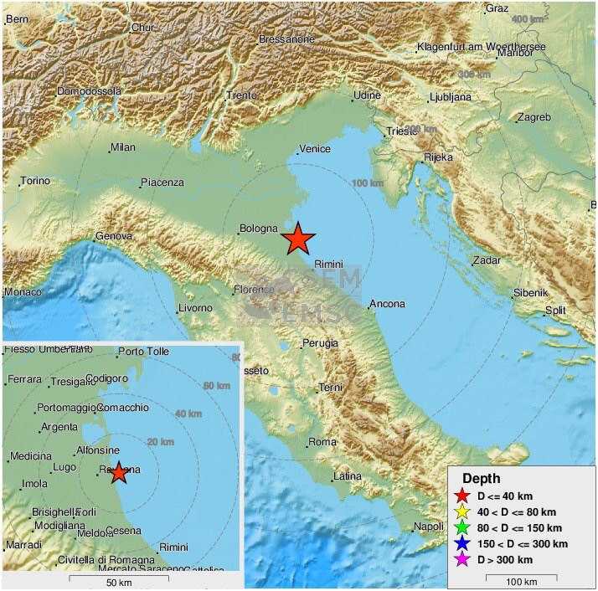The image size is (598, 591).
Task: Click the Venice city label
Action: [x=315, y=149]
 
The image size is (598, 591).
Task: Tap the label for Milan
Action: [x=122, y=148]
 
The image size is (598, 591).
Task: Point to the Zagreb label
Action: [x=534, y=117]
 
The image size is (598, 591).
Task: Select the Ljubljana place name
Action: [x=451, y=97]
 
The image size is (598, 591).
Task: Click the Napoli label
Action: [x=428, y=527]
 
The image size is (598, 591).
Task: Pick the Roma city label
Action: [x=322, y=442]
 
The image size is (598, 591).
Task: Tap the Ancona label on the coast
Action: [x=387, y=304]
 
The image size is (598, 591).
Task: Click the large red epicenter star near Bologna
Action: [x=298, y=239]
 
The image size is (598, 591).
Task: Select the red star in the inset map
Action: [x=119, y=472]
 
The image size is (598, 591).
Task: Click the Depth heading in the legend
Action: [x=481, y=479]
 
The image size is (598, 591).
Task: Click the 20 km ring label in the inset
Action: [x=160, y=442]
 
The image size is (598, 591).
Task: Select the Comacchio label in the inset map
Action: [x=123, y=408]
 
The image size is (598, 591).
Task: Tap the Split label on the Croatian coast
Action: [x=555, y=310]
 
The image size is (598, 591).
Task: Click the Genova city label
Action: [x=114, y=237]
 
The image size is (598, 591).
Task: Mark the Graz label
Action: [x=497, y=9]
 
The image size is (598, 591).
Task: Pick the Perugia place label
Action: [x=320, y=343]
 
